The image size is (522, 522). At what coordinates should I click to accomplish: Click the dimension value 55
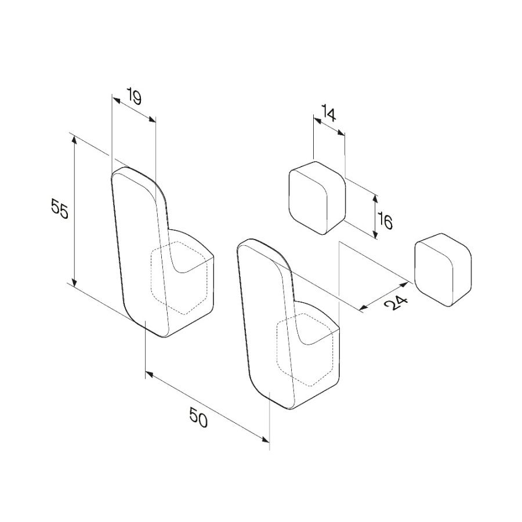pyautogui.click(x=60, y=208)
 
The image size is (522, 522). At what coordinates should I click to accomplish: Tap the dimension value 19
pyautogui.click(x=134, y=96)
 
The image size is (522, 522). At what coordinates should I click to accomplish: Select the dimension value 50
pyautogui.click(x=198, y=417)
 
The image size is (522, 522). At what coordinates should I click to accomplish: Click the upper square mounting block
pyautogui.click(x=317, y=198)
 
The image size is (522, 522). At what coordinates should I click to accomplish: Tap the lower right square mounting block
pyautogui.click(x=443, y=270)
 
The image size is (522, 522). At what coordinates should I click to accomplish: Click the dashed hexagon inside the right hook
pyautogui.click(x=305, y=350)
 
